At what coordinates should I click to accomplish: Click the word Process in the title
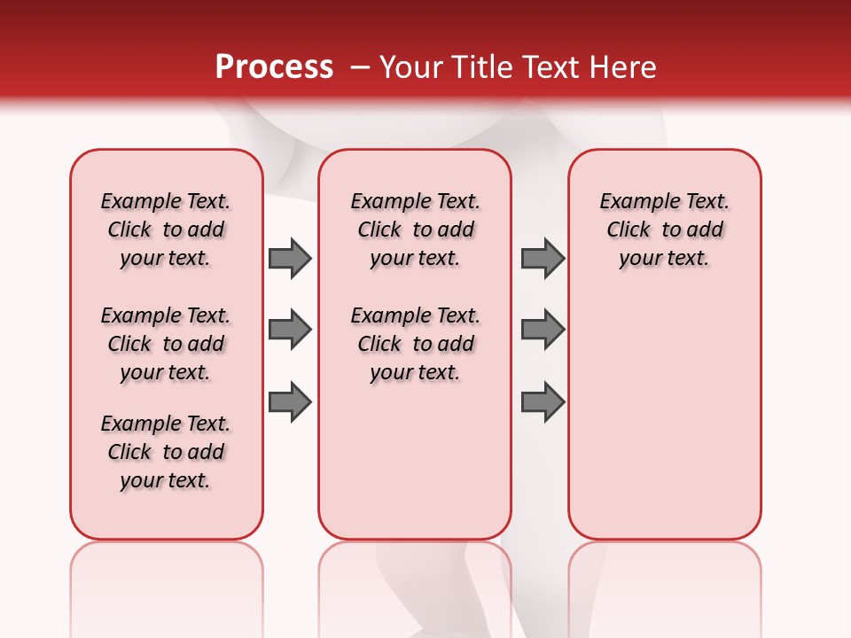(x=274, y=67)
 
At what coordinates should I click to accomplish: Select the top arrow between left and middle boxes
(x=290, y=258)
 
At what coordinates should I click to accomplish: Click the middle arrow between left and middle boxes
(x=290, y=331)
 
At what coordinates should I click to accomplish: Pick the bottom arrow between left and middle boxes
(x=290, y=402)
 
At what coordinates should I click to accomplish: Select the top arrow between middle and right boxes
(x=543, y=258)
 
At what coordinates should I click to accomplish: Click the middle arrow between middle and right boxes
(x=543, y=331)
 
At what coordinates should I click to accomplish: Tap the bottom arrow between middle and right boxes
(x=543, y=402)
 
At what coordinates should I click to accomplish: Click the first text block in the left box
(x=166, y=230)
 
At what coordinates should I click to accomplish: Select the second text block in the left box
(x=166, y=344)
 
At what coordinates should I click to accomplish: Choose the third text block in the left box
(x=166, y=452)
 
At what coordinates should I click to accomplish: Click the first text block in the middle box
(x=415, y=230)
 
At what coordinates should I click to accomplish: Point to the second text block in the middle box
(x=415, y=344)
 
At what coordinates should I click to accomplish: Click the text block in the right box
(x=664, y=230)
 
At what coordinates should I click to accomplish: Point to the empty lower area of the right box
(x=664, y=408)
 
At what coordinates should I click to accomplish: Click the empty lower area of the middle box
(x=415, y=461)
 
